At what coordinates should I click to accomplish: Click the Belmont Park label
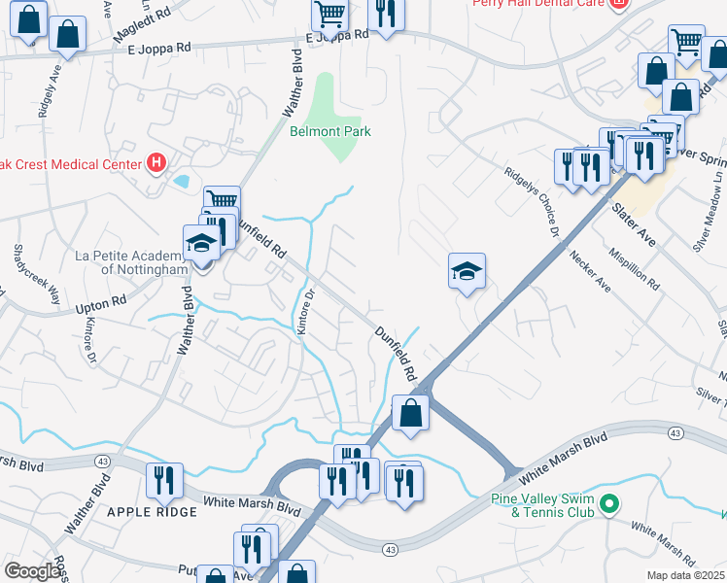click(330, 131)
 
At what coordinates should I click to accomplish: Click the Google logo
click(33, 571)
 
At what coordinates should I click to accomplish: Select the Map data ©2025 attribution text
click(685, 575)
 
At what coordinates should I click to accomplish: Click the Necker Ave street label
click(590, 272)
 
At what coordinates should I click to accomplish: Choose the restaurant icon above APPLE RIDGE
click(163, 480)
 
